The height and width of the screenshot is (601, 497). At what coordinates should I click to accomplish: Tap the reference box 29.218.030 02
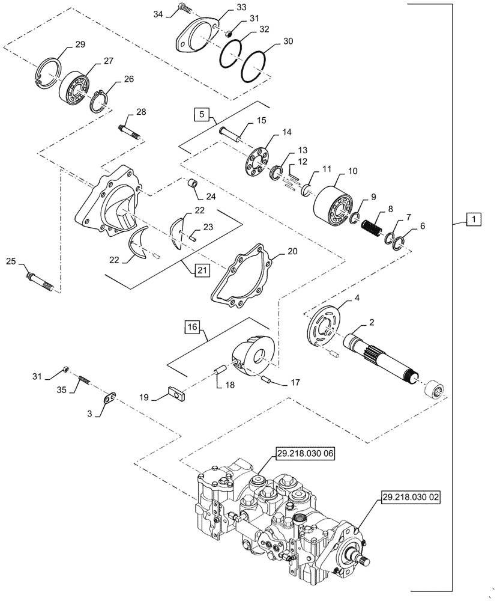[409, 498]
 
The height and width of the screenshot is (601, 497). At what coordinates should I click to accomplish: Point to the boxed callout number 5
[202, 113]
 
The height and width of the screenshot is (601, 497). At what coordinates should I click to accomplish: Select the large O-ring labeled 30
[252, 66]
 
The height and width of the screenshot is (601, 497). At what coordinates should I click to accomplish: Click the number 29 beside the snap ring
[80, 45]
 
